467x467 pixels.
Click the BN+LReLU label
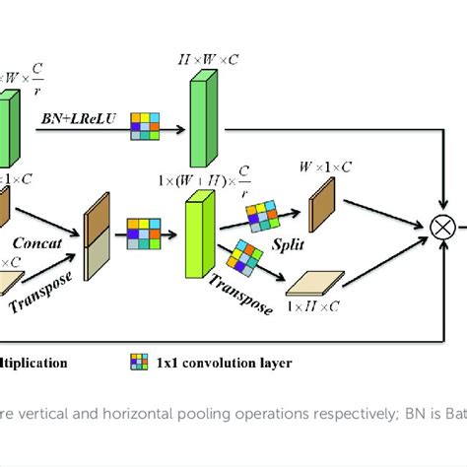click(81, 117)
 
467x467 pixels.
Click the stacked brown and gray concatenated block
click(98, 236)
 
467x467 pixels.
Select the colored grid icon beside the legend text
click(138, 363)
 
